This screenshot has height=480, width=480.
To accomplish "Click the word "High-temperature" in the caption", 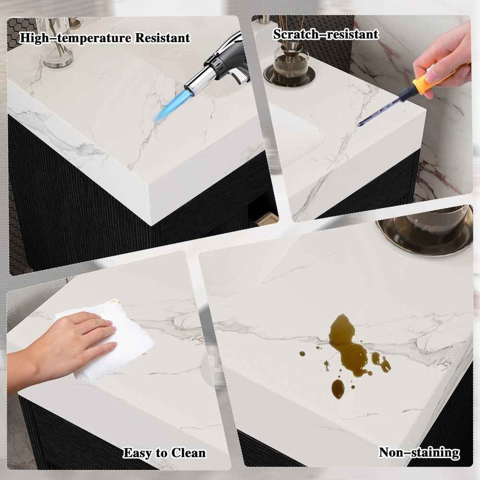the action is coord(75,38).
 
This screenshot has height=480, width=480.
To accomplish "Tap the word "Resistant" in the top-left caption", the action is coord(163,37).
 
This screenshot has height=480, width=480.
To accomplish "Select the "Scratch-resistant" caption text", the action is coord(326,34).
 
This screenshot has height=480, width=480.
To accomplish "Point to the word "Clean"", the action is coord(188,453).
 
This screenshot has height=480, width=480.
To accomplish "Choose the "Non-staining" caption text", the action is coord(419,453).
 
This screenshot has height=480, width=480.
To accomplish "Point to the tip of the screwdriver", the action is coord(359,125).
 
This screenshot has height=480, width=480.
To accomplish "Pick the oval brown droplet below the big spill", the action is coord(337,389).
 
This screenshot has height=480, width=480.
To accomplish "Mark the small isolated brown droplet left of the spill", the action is coord(302,354).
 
